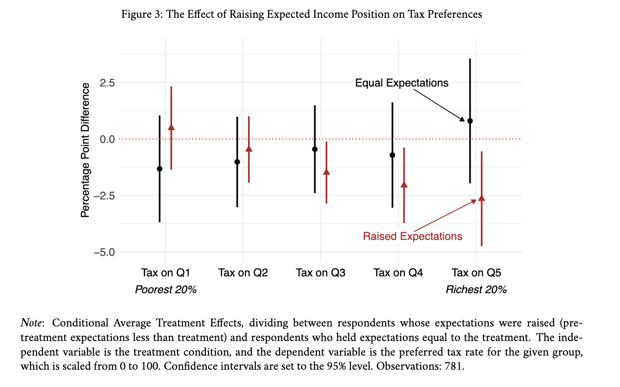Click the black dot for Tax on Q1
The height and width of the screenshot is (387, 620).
[159, 169]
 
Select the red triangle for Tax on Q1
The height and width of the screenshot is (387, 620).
[171, 127]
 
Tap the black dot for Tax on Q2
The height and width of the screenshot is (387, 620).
[237, 162]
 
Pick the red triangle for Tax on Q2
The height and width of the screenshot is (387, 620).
[249, 149]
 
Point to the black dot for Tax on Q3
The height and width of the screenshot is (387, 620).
[315, 149]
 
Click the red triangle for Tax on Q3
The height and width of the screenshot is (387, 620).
[326, 172]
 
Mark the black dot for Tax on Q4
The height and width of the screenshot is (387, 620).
[392, 155]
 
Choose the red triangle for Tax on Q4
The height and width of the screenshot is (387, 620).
[404, 184]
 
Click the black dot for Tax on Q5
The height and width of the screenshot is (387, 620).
[470, 121]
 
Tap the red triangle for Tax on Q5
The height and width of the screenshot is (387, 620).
[482, 198]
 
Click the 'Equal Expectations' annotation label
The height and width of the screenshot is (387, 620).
[401, 83]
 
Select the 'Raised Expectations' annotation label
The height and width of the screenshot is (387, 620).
[412, 236]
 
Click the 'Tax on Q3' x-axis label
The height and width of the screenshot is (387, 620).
[320, 273]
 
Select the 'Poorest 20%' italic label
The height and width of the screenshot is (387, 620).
[166, 290]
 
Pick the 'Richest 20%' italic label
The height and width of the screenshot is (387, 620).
[476, 290]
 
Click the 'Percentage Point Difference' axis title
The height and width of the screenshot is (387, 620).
[85, 150]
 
